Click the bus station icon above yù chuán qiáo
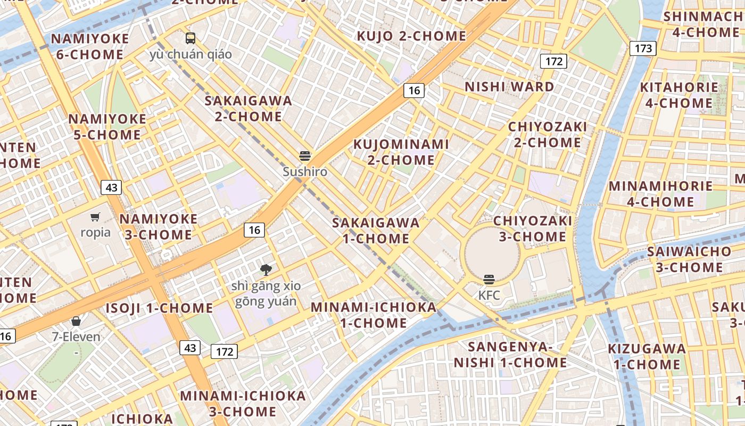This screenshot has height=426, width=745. pos(190,38)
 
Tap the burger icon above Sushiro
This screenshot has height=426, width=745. pos(305,156)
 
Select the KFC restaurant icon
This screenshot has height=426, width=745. pos(489,279)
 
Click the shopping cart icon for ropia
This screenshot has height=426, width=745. pos(95,216)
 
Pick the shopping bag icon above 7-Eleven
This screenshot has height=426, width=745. pos(76,321)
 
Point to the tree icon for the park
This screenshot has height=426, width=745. pos(266,269)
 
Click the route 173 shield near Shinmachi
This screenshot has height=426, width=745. pos(643,48)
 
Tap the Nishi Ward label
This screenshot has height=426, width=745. pos(509,87)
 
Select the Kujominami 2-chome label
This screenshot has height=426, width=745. pos(401,152)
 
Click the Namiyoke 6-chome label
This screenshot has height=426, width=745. pos(90,46)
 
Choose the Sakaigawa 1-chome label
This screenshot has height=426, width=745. pos(376,231)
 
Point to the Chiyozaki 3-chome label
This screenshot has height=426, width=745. pos(533,228)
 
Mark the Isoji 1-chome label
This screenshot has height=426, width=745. pos(159,308)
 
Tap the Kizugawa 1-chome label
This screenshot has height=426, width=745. pos(647,357)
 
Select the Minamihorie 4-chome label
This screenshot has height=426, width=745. pos(660,194)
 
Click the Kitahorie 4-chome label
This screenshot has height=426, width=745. pos(678,95)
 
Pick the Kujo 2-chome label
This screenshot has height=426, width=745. pos(411,36)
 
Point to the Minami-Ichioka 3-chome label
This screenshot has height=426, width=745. pos(243,404)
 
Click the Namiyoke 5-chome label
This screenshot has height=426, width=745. pos(107,127)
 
